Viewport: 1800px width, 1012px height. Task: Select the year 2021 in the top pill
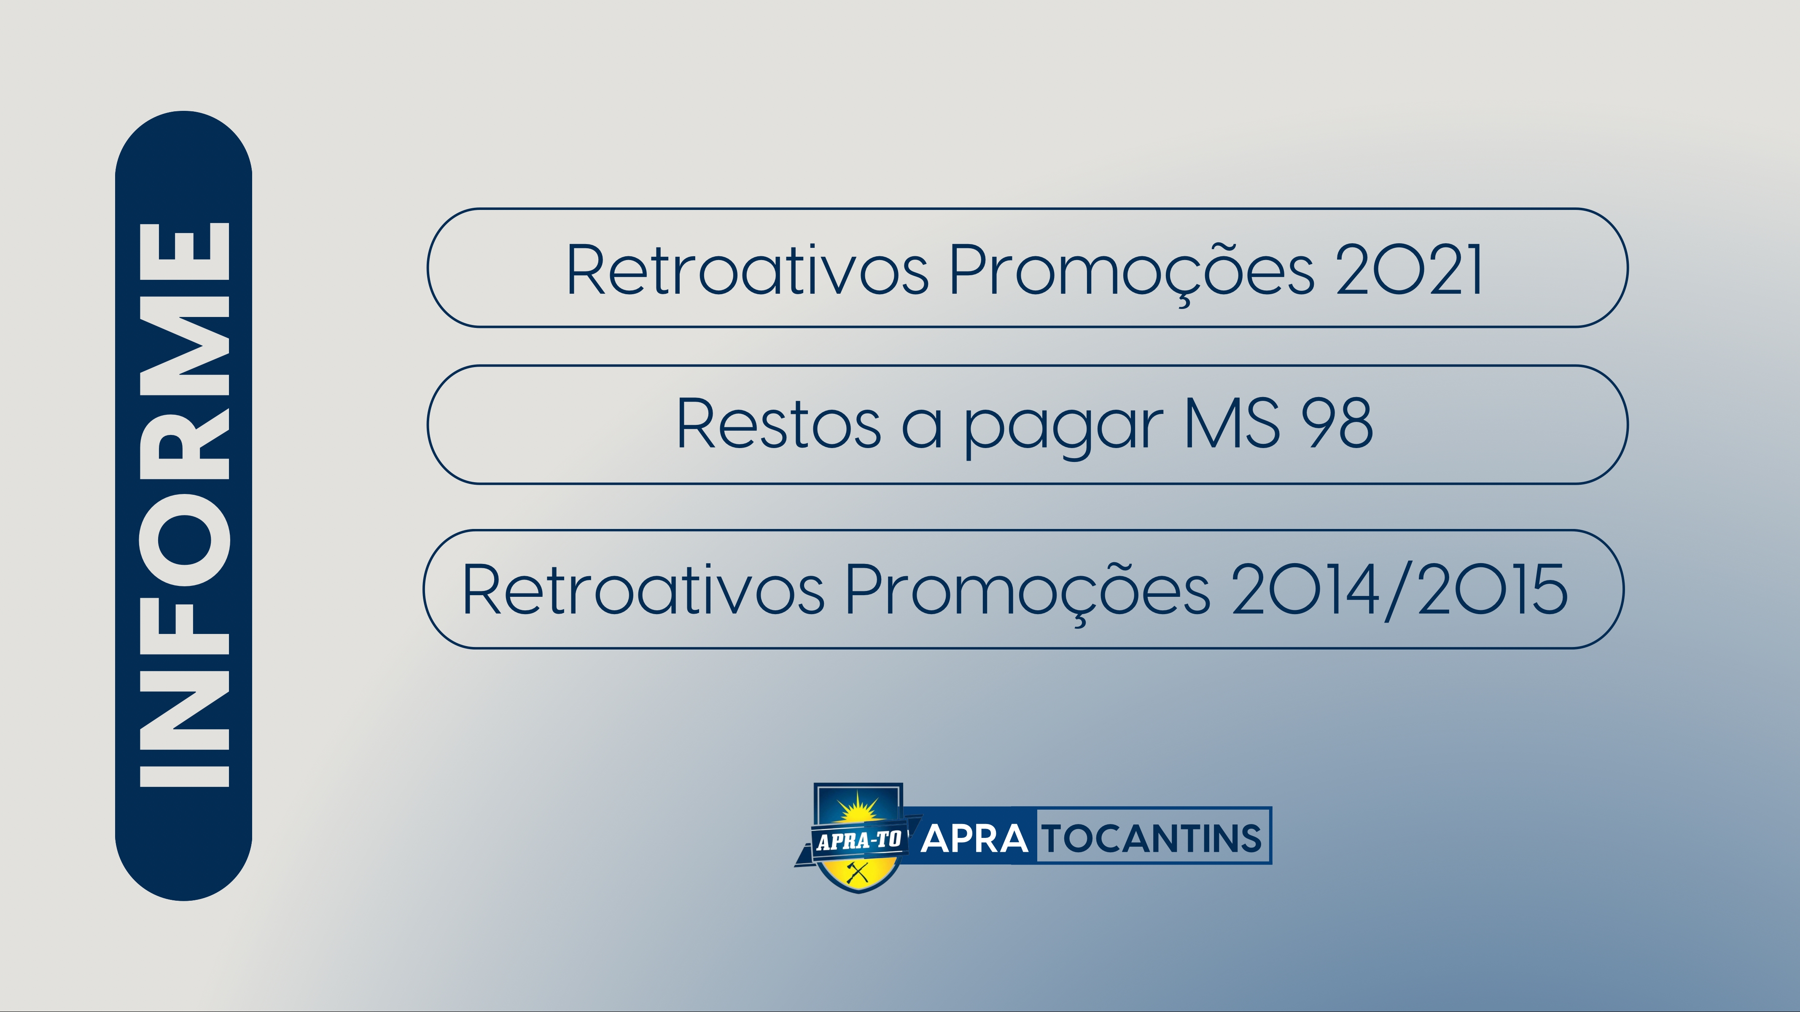pyautogui.click(x=1409, y=270)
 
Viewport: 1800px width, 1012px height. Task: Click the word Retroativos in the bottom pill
pyautogui.click(x=643, y=590)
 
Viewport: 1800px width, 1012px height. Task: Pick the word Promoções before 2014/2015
pyautogui.click(x=1027, y=593)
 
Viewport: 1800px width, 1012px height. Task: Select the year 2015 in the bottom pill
pyautogui.click(x=1493, y=590)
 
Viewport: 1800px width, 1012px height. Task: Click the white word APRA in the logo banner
pyautogui.click(x=974, y=838)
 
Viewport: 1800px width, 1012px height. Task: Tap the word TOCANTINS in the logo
pyautogui.click(x=1153, y=838)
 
